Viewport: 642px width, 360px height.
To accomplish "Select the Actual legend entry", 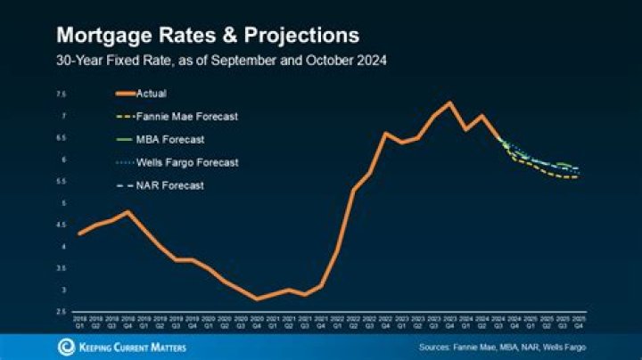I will (152, 93).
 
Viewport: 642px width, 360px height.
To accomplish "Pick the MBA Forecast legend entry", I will (170, 139).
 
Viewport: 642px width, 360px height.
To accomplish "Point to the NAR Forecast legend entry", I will (170, 185).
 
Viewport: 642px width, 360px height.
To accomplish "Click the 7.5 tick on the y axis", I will (62, 94).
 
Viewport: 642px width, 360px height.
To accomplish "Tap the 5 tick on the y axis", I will (63, 203).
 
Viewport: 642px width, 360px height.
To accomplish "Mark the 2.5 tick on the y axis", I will (62, 312).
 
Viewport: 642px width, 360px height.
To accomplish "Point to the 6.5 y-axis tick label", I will (62, 137).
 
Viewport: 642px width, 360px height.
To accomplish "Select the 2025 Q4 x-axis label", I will (578, 322).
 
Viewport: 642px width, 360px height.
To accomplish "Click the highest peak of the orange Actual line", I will (449, 102).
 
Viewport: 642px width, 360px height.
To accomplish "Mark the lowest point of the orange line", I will (257, 299).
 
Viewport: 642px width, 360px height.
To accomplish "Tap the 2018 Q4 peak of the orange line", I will (128, 212).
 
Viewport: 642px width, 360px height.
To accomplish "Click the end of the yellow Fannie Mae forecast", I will (578, 177).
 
